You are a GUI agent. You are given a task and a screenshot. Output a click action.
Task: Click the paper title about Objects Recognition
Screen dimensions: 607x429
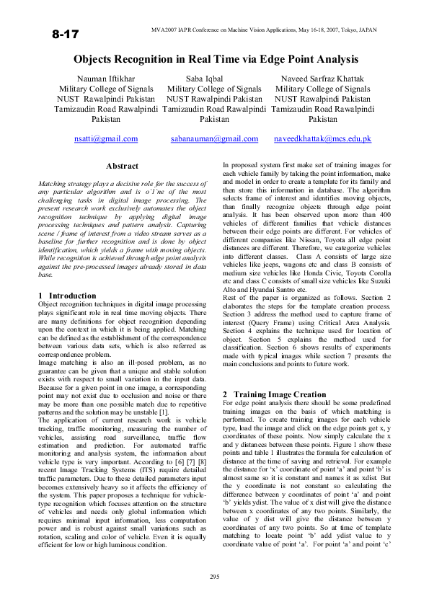click(x=216, y=59)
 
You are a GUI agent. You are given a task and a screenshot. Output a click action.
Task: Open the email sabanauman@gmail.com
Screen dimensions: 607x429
click(x=214, y=138)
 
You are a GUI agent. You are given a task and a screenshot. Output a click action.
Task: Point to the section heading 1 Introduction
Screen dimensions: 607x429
click(x=66, y=296)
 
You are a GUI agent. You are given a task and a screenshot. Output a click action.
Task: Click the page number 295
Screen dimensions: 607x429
click(x=214, y=577)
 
